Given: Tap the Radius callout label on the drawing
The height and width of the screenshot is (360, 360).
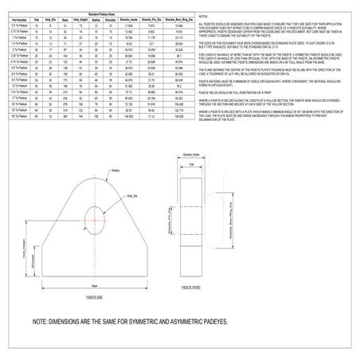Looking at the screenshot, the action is pyautogui.click(x=116, y=170).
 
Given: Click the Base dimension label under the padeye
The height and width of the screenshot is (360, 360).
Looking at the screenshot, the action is pyautogui.click(x=94, y=284).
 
